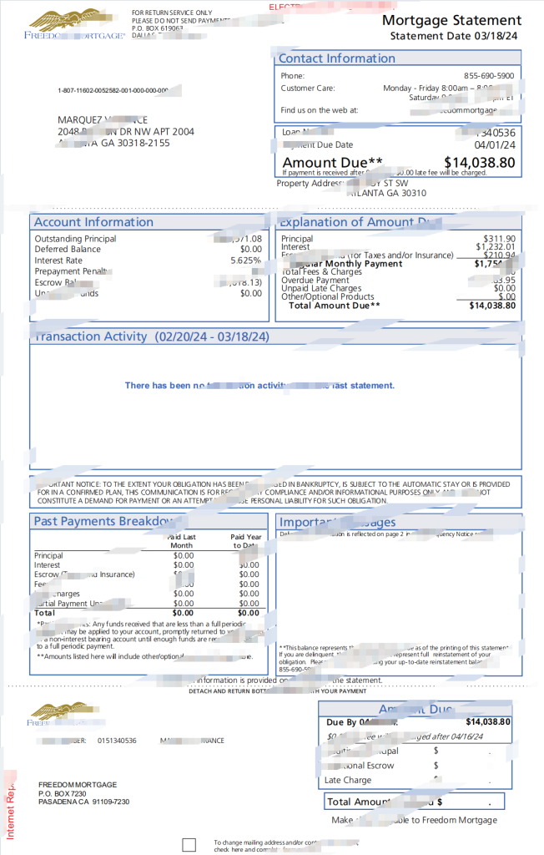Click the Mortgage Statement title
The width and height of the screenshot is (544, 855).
pos(451,20)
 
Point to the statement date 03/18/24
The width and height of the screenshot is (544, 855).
pos(498,36)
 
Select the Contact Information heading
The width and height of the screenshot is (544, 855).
pos(336,58)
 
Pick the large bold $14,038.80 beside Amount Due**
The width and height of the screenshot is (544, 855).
pos(479,163)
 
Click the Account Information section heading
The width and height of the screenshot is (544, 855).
pos(93,222)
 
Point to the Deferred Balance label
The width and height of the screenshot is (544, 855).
pos(68,250)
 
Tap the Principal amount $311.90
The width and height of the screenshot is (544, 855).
pos(499,239)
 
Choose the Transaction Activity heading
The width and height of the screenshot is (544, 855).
pos(150,336)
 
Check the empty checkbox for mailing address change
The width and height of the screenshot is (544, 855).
pos(189,845)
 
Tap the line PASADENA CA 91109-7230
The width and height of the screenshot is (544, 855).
pos(83,802)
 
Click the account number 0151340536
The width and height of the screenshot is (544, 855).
pos(117,741)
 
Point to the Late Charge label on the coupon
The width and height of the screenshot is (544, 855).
pos(348,781)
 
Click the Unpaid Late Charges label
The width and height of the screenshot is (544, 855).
pos(321,289)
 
